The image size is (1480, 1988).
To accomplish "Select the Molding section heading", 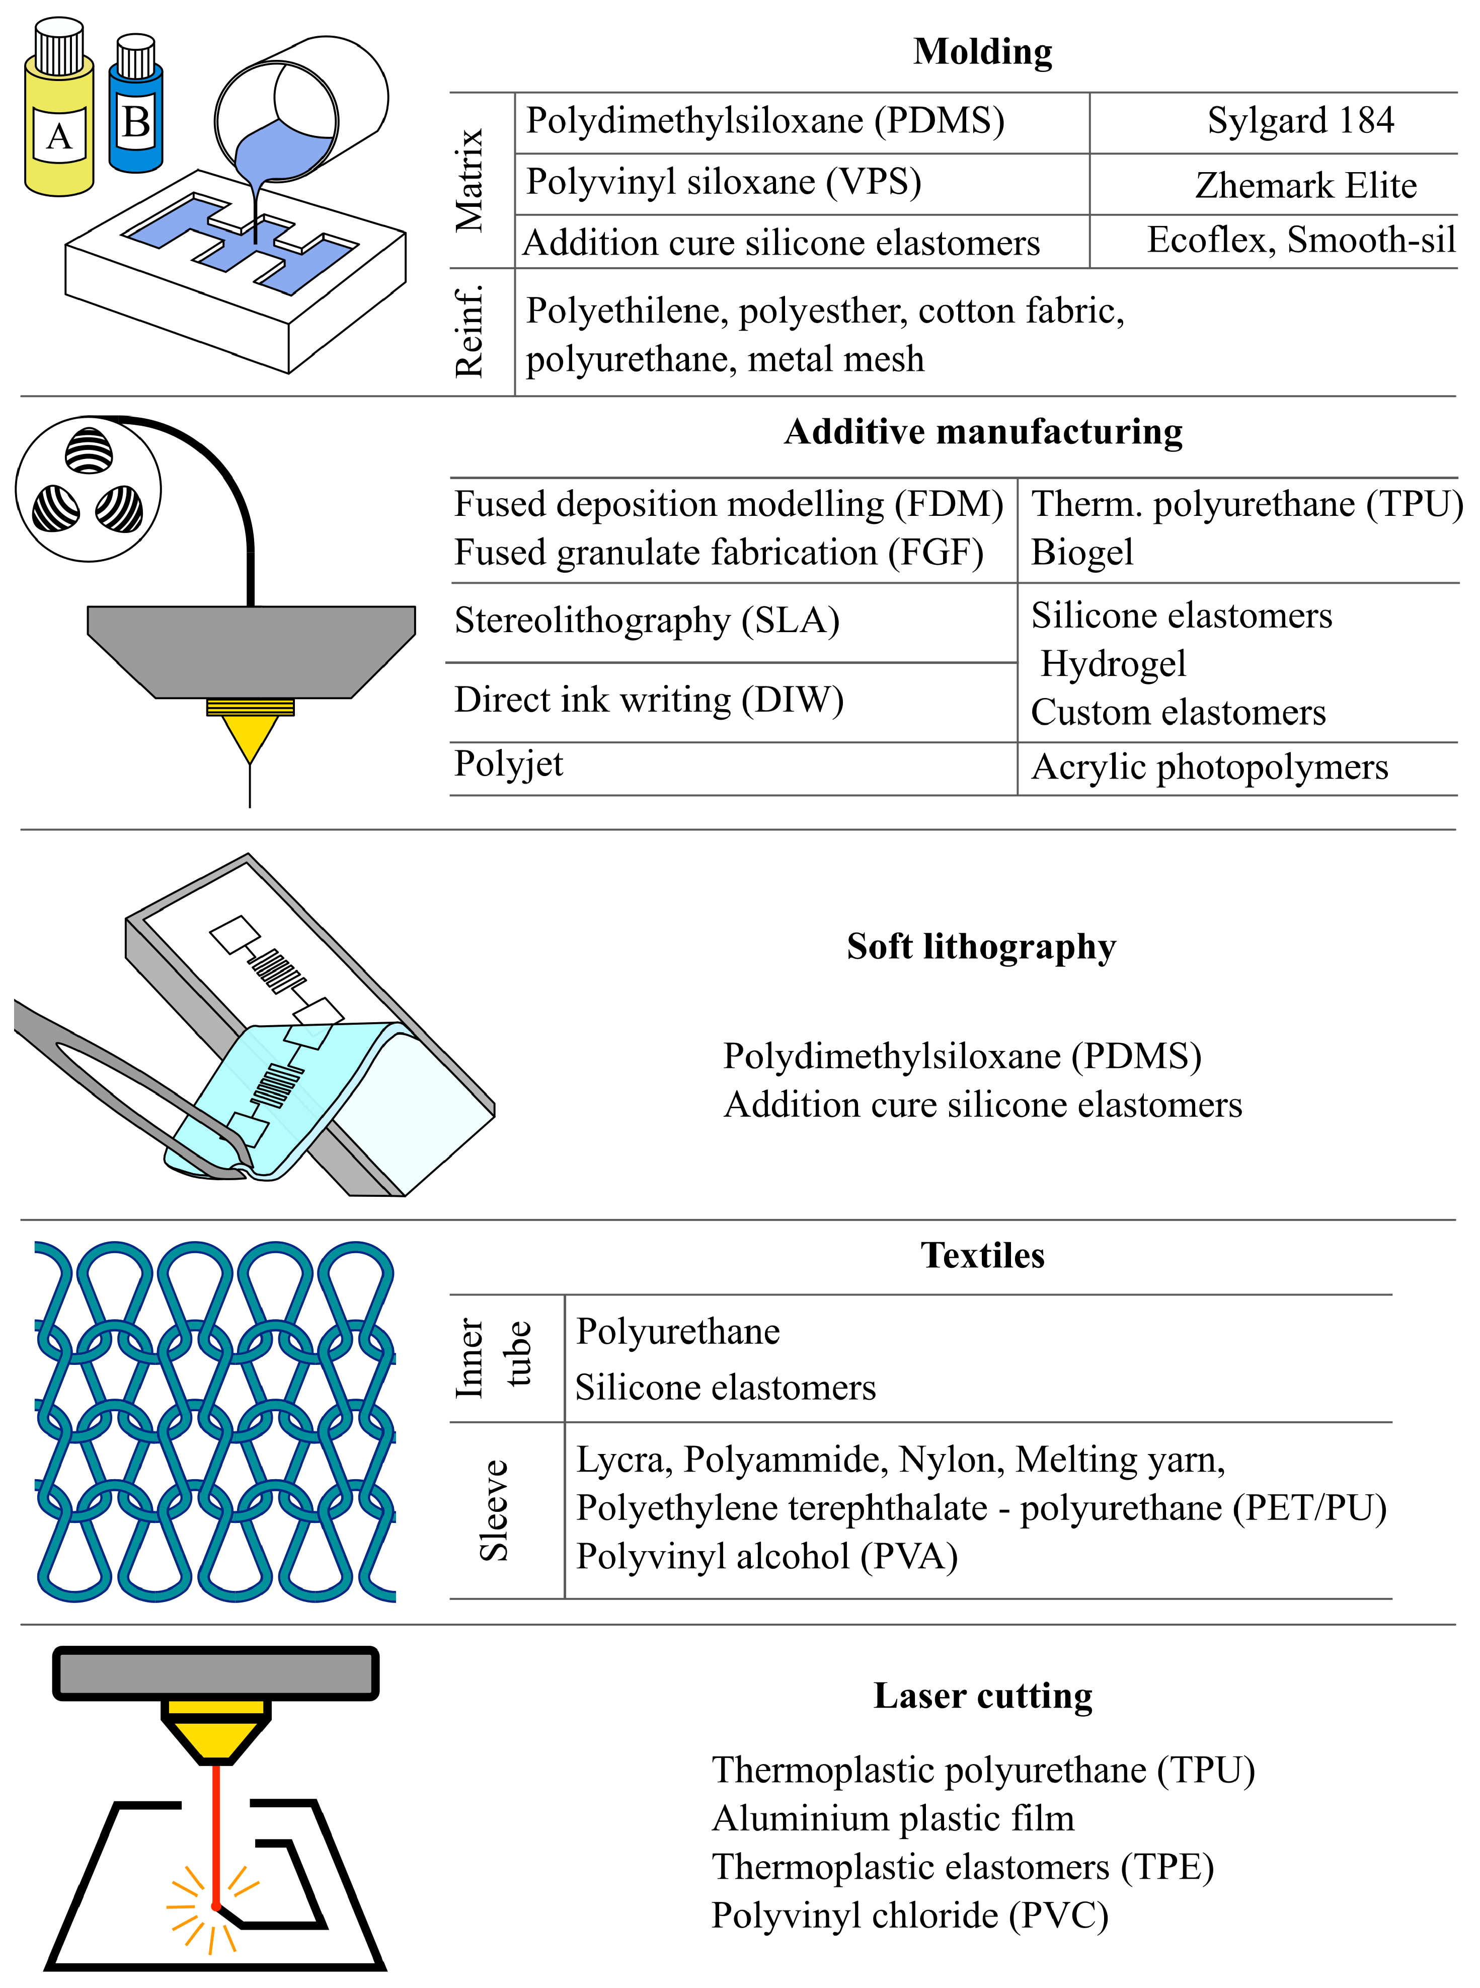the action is pyautogui.click(x=983, y=52).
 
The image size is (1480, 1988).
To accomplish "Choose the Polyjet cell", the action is pyautogui.click(x=509, y=764).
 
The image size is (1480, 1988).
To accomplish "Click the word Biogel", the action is pyautogui.click(x=1082, y=553).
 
